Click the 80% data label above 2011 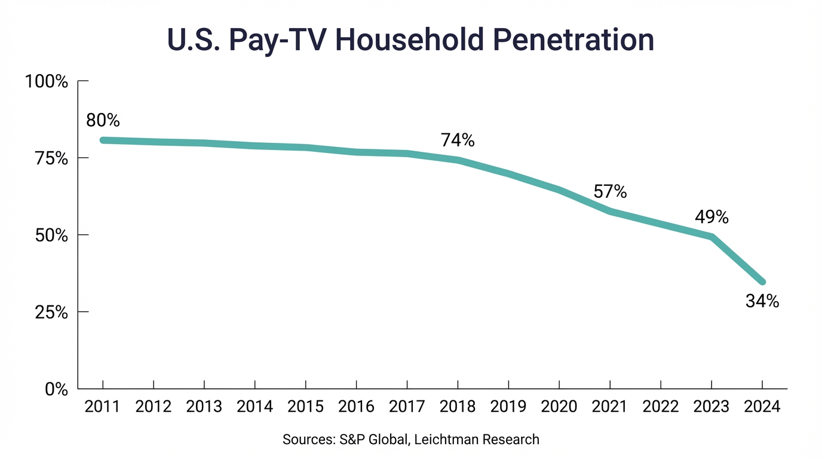coord(103,120)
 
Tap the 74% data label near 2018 coord(458,140)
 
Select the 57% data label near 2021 coord(610,192)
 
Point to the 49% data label coord(711,218)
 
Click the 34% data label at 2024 coord(762,302)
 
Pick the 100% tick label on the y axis coord(46,81)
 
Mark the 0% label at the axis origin coord(57,389)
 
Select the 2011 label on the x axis coord(103,407)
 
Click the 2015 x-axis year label coord(305,407)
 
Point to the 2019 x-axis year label coord(508,407)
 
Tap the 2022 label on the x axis coord(661,407)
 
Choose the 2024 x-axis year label coord(762,407)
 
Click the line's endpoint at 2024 coord(762,281)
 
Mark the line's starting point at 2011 coord(103,140)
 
